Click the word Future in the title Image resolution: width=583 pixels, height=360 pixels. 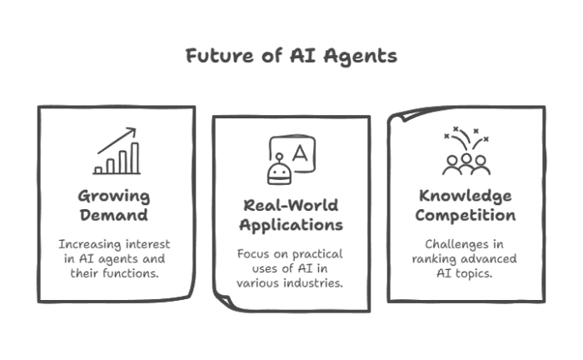(220, 56)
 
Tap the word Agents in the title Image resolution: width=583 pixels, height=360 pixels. (360, 57)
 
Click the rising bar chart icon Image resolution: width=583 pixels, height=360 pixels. (117, 151)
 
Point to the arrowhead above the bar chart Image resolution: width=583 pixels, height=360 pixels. (132, 132)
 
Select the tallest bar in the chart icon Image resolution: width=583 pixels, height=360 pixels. (135, 158)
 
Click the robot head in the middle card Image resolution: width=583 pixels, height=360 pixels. (280, 172)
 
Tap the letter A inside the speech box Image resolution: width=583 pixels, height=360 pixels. (300, 153)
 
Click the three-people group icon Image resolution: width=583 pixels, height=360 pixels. (466, 165)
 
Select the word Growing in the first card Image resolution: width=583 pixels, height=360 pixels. (114, 197)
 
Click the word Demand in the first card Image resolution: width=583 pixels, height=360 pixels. (114, 215)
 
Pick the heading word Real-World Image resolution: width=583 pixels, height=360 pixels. (291, 205)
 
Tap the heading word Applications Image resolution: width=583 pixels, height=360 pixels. (291, 225)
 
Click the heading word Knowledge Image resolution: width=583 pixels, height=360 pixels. (466, 197)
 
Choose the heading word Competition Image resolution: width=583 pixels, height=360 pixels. (466, 216)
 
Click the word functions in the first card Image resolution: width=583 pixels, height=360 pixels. (131, 273)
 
